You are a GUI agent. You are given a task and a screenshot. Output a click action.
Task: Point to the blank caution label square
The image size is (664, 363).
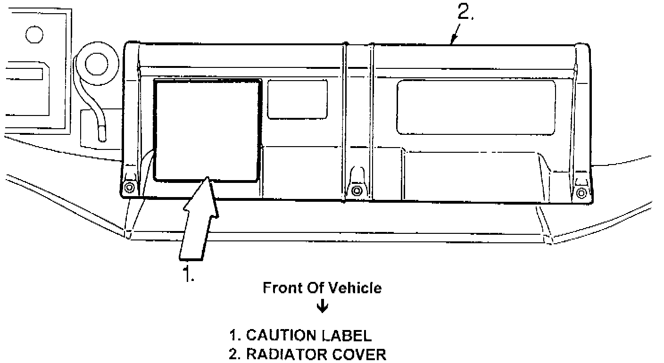(x=207, y=130)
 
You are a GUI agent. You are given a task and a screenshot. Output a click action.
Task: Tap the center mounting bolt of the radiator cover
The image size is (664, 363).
(x=357, y=190)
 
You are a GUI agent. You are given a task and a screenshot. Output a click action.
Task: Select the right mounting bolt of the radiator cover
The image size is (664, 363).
(x=581, y=192)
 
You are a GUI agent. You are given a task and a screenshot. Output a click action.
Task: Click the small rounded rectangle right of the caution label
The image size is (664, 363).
(x=297, y=99)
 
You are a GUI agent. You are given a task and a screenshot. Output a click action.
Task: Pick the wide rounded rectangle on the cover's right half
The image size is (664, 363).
(x=476, y=107)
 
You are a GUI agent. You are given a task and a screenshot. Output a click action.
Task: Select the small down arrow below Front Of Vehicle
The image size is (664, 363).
(x=323, y=307)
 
